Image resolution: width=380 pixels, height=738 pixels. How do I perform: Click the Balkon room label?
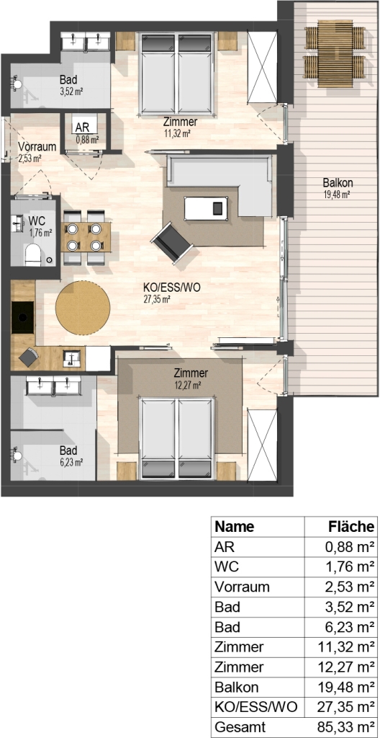[338, 183]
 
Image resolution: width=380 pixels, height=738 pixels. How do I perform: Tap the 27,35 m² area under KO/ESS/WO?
[157, 298]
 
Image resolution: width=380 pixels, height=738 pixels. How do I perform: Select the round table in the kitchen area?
[83, 308]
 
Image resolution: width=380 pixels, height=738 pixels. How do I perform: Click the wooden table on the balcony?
[335, 53]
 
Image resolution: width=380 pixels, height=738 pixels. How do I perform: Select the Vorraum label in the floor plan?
[37, 146]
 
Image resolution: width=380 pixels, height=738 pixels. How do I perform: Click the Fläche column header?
[352, 526]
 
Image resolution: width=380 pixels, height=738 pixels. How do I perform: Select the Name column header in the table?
[234, 526]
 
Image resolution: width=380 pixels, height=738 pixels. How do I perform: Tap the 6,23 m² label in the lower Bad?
[72, 462]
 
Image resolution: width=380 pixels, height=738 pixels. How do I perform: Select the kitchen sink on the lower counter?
[73, 359]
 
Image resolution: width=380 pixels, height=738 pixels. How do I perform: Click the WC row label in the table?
[227, 567]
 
